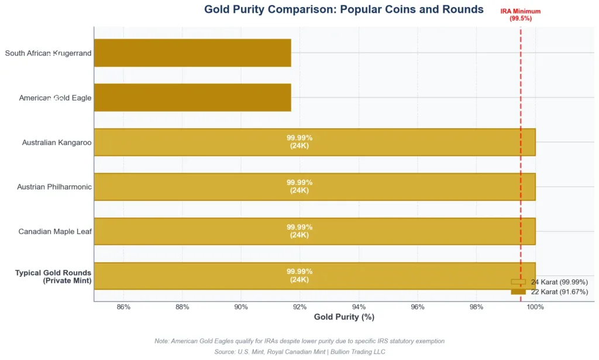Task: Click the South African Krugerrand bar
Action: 192,53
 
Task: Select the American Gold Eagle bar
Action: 192,97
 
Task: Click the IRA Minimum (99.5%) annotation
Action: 520,15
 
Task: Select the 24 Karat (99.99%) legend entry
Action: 549,282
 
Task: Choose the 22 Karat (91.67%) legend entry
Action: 549,292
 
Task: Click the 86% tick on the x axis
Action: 123,307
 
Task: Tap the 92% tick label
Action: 300,307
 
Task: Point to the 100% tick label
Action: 535,307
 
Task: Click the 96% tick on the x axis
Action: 418,307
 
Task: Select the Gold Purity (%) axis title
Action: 344,317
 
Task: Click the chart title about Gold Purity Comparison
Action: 344,9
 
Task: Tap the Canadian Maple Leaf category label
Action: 55,232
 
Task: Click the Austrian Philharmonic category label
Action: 54,187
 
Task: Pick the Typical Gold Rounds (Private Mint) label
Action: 53,276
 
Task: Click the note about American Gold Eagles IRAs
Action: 299,341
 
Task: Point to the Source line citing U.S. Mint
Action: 299,352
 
